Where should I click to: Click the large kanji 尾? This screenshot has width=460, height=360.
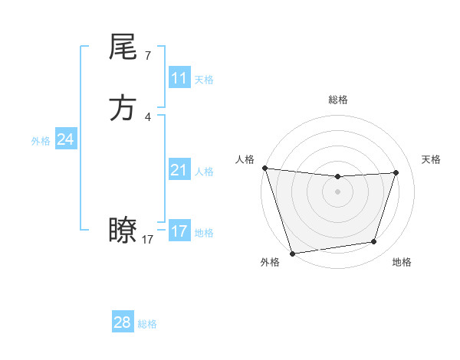click(123, 47)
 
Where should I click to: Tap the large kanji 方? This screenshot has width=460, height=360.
click(123, 108)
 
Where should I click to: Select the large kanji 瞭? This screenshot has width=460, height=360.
click(123, 230)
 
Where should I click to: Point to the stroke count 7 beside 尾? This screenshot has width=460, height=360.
click(147, 56)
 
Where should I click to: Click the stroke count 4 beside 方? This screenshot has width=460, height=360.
click(147, 117)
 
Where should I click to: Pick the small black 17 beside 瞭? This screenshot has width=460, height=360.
click(148, 240)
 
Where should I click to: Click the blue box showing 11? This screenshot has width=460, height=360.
click(179, 78)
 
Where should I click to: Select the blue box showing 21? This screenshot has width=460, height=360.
click(179, 170)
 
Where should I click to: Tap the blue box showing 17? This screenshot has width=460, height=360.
click(179, 231)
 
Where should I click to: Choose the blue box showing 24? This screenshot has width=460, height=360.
click(65, 139)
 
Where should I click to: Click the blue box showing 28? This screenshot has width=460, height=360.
click(122, 322)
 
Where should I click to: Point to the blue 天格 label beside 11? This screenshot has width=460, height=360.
click(204, 80)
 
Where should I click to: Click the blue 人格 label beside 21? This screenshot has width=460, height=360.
click(204, 172)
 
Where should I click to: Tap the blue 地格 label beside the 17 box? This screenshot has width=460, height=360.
click(204, 233)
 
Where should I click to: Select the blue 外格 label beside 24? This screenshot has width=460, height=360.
click(41, 141)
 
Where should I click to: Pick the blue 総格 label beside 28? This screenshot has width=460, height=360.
click(147, 324)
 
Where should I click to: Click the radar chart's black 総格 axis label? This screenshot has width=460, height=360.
click(337, 100)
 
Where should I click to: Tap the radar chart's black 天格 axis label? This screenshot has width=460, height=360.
click(432, 159)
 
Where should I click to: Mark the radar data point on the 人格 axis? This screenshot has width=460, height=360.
click(264, 168)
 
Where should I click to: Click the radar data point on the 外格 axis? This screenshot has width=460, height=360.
click(292, 253)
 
